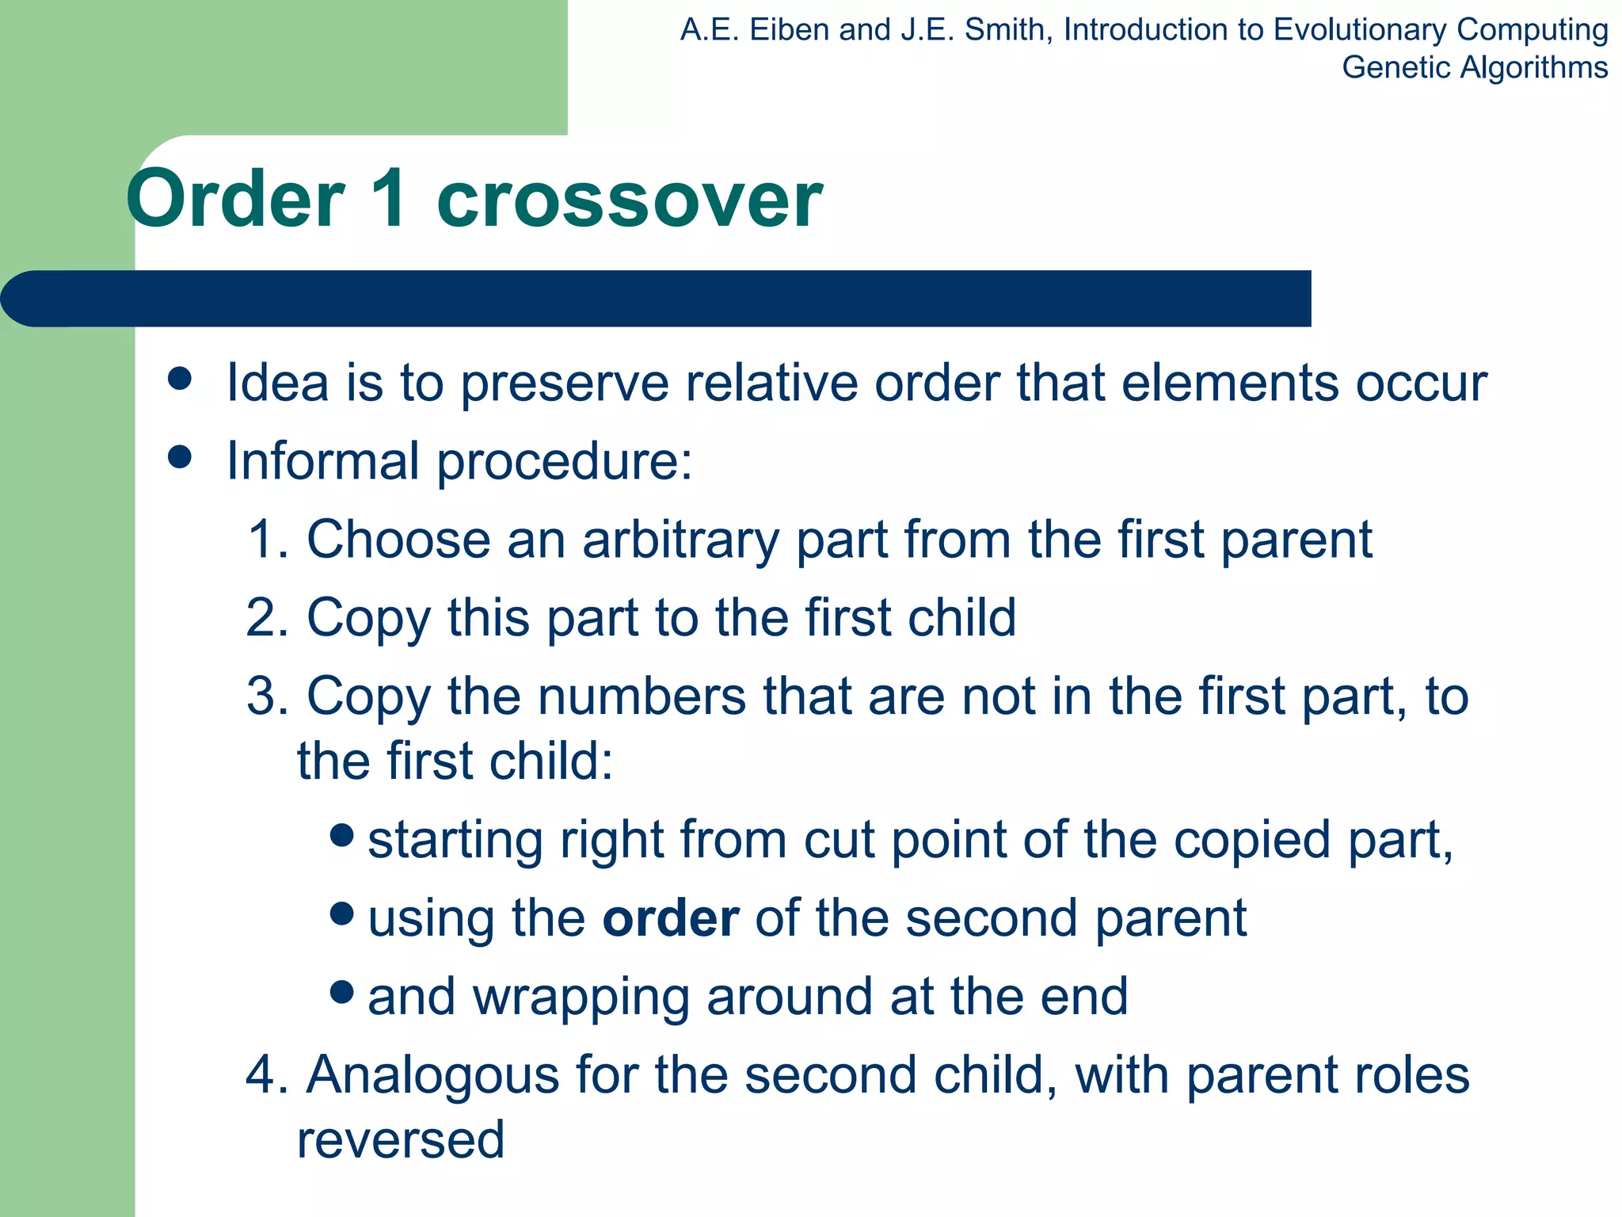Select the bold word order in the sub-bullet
pyautogui.click(x=671, y=918)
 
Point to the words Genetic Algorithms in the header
pyautogui.click(x=1475, y=67)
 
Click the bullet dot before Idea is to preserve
pyautogui.click(x=181, y=379)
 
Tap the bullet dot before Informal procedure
pyautogui.click(x=181, y=457)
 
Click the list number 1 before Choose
pyautogui.click(x=263, y=540)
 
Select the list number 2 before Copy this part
pyautogui.click(x=263, y=618)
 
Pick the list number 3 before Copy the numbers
pyautogui.click(x=263, y=696)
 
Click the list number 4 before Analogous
pyautogui.click(x=263, y=1075)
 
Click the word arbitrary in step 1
pyautogui.click(x=680, y=540)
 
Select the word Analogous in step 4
pyautogui.click(x=432, y=1075)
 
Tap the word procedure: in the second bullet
pyautogui.click(x=565, y=461)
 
